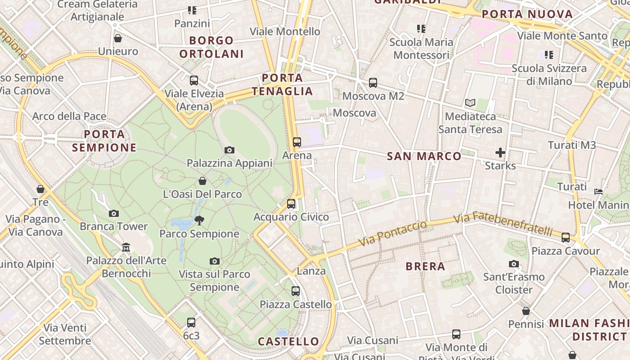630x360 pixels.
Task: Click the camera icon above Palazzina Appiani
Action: coord(229,150)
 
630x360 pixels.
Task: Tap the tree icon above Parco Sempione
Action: coord(199,220)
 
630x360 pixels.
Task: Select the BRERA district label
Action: coord(425,266)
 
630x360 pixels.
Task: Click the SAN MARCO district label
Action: coord(424,156)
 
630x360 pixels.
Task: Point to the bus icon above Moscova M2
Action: coord(373,83)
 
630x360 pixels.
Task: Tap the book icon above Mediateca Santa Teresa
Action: coord(470,103)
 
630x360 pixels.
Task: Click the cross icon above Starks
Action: coord(500,153)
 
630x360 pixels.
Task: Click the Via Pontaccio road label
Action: coord(392,234)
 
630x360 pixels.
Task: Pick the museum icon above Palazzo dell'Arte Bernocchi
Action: coord(126,247)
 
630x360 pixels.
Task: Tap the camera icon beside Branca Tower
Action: coord(114,213)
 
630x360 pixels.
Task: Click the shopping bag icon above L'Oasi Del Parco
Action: coord(202,181)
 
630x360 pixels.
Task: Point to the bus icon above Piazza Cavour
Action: coord(566,238)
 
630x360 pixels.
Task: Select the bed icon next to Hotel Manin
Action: coord(598,192)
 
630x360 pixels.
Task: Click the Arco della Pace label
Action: coord(69,117)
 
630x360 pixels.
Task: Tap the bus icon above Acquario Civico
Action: coord(291,204)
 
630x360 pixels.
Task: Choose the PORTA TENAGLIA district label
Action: coord(282,85)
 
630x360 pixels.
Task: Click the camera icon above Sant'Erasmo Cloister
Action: coord(514,264)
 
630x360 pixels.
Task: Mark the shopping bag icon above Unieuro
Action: coord(118,38)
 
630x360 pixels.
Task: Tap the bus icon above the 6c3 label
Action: coord(191,323)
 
